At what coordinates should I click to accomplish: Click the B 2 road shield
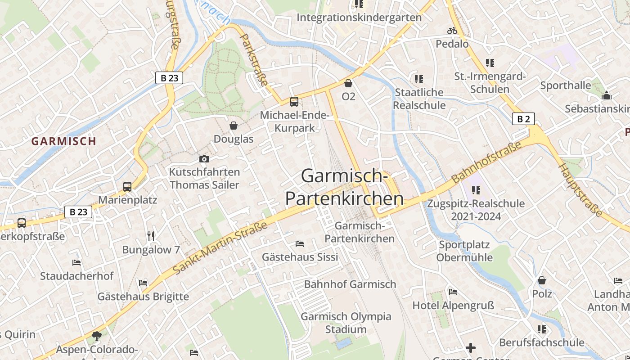[x=523, y=119]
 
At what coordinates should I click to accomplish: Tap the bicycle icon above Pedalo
[x=452, y=31]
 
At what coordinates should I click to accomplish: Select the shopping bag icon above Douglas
[x=234, y=126]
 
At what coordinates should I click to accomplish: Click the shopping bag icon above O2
[x=348, y=83]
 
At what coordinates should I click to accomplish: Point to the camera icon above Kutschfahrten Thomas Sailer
[x=204, y=159]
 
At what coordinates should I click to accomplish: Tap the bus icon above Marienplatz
[x=127, y=186]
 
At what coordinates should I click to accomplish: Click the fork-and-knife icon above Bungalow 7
[x=151, y=236]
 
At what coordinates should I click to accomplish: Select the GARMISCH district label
[x=64, y=141]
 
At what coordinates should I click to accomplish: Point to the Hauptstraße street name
[x=580, y=190]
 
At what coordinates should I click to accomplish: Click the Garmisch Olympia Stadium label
[x=346, y=323]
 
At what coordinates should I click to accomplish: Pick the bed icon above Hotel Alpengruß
[x=453, y=292]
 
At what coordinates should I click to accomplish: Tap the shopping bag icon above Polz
[x=542, y=280]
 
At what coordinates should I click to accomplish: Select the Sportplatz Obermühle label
[x=464, y=251]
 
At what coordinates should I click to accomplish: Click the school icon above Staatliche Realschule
[x=419, y=79]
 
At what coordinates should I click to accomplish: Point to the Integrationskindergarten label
[x=359, y=18]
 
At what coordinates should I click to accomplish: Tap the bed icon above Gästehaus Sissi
[x=300, y=244]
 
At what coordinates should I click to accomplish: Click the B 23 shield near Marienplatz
[x=78, y=211]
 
